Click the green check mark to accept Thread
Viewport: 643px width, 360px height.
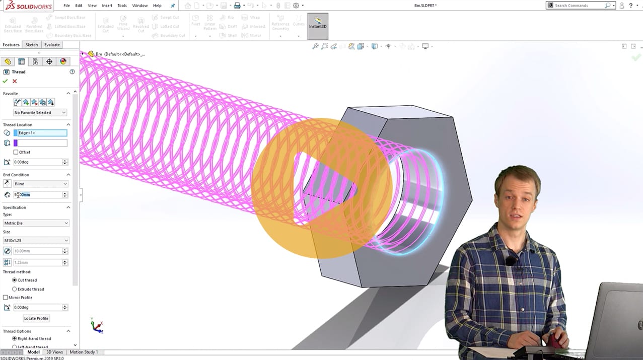[5, 81]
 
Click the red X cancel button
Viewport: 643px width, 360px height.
[15, 81]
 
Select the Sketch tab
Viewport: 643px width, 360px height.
[32, 45]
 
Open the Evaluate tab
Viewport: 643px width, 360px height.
[52, 45]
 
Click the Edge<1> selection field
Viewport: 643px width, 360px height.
[40, 133]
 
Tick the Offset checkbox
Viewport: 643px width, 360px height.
[16, 152]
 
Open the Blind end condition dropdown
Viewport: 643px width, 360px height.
[40, 184]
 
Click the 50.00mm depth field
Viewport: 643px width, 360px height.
[37, 195]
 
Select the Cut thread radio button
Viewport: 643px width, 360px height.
[15, 280]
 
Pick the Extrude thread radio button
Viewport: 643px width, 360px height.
[15, 289]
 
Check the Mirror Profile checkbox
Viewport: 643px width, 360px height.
[6, 298]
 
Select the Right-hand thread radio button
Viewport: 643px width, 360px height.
[15, 338]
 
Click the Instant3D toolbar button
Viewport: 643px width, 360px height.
[318, 26]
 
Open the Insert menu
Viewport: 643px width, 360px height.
[107, 6]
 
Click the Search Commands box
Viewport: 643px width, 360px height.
[579, 6]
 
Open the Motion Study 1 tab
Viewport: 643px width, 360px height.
[84, 352]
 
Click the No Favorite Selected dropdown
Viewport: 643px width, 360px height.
[40, 113]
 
